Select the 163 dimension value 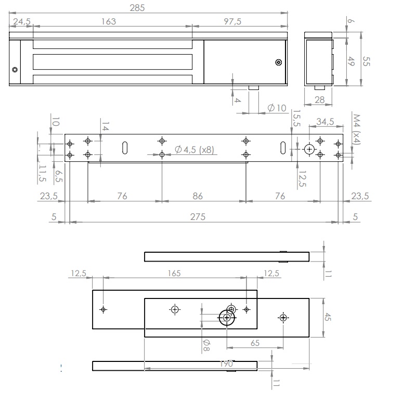click(109, 21)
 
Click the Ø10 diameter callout click(277, 108)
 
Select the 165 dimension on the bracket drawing click(174, 273)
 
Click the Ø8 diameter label click(206, 344)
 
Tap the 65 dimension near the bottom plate click(254, 343)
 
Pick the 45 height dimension click(328, 317)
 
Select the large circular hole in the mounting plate click(310, 149)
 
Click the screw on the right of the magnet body click(278, 63)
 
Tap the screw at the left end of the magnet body click(15, 70)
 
